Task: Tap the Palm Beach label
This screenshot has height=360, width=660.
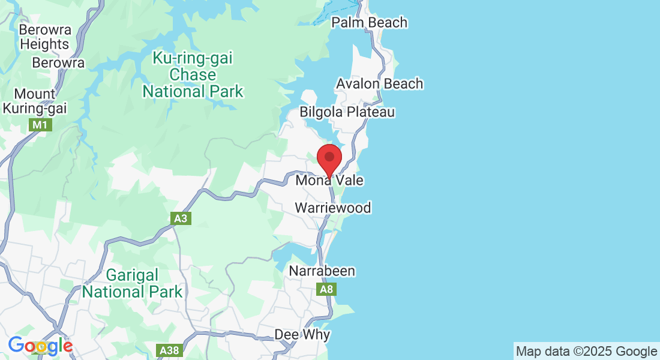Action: coord(369,23)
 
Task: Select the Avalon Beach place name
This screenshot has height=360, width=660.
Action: coord(379,84)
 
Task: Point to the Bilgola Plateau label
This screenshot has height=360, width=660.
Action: coord(347,112)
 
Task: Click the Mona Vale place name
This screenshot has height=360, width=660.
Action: coord(329,181)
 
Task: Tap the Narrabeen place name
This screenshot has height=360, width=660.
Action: coord(322,271)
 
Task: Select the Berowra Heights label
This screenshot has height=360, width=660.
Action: coord(44,37)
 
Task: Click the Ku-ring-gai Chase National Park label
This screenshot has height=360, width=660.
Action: coord(193,75)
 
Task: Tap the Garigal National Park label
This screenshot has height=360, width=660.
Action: coord(132,284)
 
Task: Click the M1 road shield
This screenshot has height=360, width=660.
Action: coord(40,125)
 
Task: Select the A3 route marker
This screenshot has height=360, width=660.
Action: coord(181,218)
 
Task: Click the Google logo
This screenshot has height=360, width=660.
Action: coord(40,346)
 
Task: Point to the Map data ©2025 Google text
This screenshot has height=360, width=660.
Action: coord(586,352)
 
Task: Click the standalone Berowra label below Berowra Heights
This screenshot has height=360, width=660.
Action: coord(58,63)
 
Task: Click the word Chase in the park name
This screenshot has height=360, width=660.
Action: coord(193,75)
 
